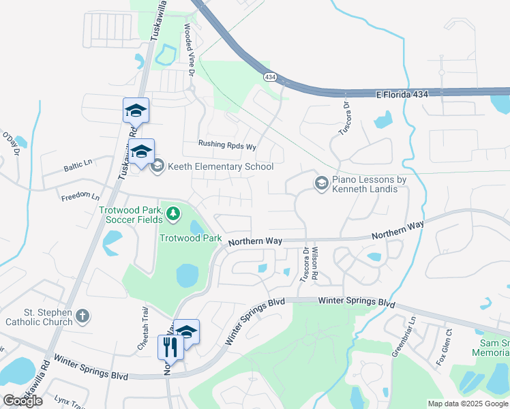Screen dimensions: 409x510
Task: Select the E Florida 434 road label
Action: coord(402,94)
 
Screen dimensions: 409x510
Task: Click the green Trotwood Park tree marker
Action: coord(173,214)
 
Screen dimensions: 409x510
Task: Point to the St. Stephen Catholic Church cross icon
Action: coord(82,315)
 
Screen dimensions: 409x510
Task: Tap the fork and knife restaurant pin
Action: coord(168,346)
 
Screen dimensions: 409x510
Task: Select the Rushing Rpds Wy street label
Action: coord(226,145)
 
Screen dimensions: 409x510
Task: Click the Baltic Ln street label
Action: coord(78,164)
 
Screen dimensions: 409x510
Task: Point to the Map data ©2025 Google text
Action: coord(467,404)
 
